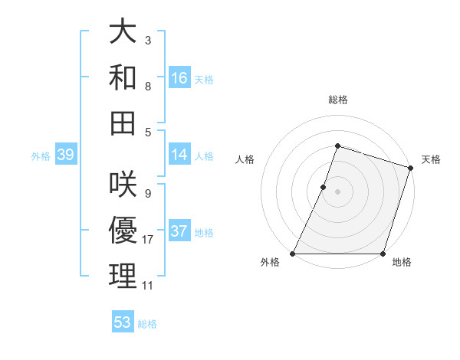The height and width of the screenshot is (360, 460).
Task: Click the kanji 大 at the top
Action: point(123,34)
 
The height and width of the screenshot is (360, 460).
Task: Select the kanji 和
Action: point(123,77)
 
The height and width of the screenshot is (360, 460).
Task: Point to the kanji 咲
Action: point(123,185)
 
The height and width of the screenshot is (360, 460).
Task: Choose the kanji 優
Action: point(123,230)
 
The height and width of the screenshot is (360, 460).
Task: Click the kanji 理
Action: point(123,275)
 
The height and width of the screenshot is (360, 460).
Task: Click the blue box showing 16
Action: point(179,78)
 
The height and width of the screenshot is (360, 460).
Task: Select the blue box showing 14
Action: point(179,155)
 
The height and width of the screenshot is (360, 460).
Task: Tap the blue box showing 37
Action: point(179,231)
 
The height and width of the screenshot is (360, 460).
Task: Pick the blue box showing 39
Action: point(66,155)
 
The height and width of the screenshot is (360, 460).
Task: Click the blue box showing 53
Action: point(123,322)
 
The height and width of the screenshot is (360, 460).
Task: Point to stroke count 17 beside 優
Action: point(148,240)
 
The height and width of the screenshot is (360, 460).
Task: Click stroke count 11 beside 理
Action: point(148,286)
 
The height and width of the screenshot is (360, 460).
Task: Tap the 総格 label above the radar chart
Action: point(338,100)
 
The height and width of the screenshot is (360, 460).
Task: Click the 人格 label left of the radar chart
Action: point(245,159)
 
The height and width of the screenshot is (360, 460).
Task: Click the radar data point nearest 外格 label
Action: point(293,254)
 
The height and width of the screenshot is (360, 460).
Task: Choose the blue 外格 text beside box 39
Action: point(41,156)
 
